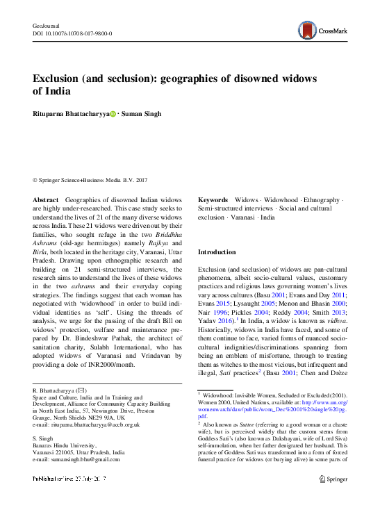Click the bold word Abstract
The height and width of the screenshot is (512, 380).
(x=45, y=200)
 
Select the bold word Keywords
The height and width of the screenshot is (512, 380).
(x=213, y=200)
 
